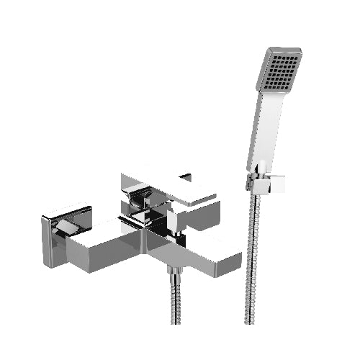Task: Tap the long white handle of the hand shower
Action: (261, 137)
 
